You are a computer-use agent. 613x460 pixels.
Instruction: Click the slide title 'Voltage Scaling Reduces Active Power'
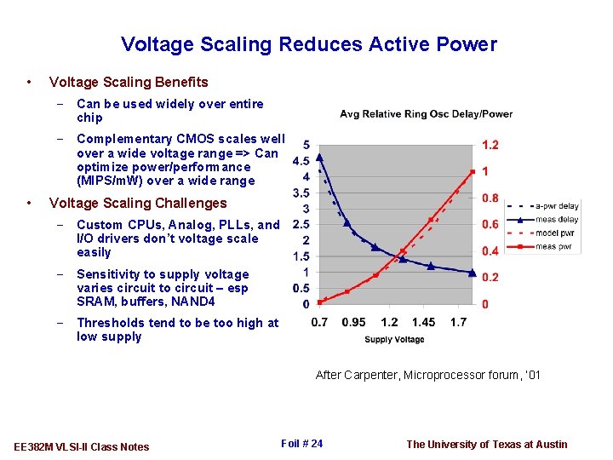(308, 44)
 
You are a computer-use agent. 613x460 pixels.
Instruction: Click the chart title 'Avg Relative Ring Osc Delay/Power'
(426, 114)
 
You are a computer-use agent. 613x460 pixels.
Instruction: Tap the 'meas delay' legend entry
(557, 219)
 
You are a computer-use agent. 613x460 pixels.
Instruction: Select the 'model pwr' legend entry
(557, 233)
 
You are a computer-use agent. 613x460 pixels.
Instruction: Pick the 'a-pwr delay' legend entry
(557, 205)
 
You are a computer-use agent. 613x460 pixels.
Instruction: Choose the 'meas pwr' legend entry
(557, 246)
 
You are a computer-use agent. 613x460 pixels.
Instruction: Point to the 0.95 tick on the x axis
(355, 323)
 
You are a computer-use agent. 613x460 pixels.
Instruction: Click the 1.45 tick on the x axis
(423, 323)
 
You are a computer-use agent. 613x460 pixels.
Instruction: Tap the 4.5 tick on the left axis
(301, 161)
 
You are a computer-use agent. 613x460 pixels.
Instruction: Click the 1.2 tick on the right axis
(490, 145)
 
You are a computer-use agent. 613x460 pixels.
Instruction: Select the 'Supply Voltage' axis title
(394, 340)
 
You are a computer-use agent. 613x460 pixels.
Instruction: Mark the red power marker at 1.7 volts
(473, 172)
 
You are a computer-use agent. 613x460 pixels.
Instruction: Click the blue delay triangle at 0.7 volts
(319, 157)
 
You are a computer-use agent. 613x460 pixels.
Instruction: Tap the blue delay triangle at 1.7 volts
(473, 273)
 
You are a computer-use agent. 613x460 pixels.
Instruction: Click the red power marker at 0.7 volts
(319, 302)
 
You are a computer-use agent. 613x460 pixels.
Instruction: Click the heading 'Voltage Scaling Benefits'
(129, 83)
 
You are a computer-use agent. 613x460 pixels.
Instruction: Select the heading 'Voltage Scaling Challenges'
(138, 204)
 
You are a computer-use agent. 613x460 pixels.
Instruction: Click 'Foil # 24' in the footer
(301, 443)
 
